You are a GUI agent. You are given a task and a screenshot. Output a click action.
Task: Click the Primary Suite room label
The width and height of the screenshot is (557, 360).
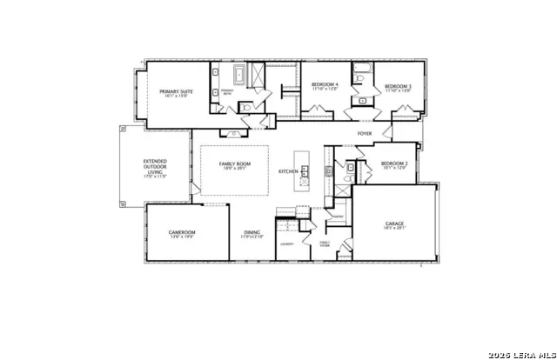coord(176,91)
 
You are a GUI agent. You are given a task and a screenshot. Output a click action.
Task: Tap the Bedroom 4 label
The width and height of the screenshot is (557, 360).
coord(325,84)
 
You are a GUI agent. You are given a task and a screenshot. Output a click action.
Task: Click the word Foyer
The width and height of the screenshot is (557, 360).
coord(365,134)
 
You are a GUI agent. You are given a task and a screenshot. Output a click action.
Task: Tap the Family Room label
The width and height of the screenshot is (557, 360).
coord(235,163)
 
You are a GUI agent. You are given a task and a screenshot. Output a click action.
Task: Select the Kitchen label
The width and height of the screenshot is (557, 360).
coord(288,171)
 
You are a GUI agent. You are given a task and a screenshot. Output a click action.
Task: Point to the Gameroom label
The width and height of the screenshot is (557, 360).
coord(182,232)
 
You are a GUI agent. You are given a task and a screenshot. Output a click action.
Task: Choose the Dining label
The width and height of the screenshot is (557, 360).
coord(252,232)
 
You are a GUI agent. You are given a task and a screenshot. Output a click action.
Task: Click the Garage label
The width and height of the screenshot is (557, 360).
coord(394,223)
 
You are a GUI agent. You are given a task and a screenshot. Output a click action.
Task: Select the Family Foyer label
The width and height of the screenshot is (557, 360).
coord(324,244)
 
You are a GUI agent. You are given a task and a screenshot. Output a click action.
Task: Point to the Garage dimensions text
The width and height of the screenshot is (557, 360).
coord(394,230)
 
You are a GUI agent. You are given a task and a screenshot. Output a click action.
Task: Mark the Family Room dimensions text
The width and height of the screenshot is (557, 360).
coord(235,170)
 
